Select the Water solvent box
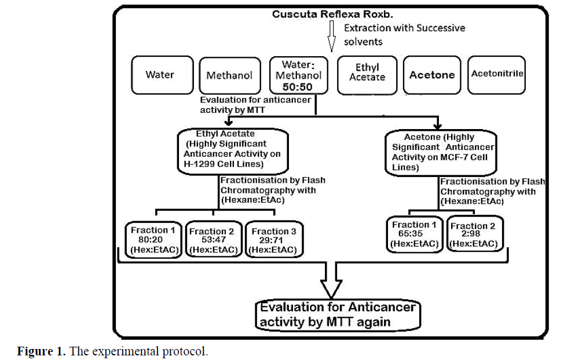(160, 75)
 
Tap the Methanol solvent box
(229, 75)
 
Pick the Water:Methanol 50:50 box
(298, 75)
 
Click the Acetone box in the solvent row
(432, 75)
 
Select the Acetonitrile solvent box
(497, 74)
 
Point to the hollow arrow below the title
(332, 36)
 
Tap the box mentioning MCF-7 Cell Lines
(440, 151)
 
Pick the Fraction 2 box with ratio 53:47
(213, 240)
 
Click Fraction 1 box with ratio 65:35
(415, 234)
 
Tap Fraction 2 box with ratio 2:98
(474, 234)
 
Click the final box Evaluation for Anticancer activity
(337, 314)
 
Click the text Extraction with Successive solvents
(404, 35)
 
